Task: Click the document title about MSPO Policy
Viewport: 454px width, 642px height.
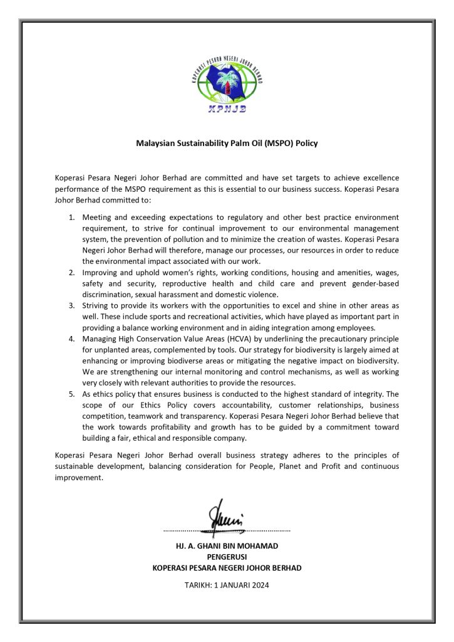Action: [227, 144]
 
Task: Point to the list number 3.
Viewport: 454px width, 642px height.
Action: [71, 304]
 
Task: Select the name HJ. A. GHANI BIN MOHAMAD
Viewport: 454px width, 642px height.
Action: [227, 546]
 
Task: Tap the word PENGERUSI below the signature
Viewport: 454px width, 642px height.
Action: [227, 557]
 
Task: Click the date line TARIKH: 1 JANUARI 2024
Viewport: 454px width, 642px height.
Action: [227, 585]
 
